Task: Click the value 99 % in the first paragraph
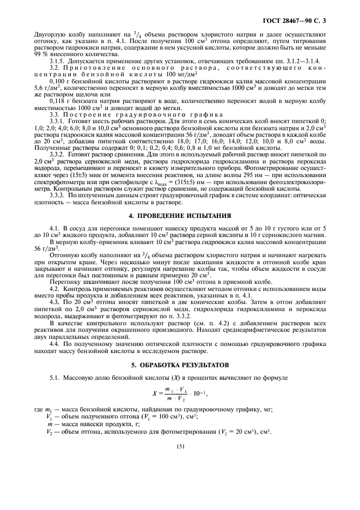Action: (x=40, y=54)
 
